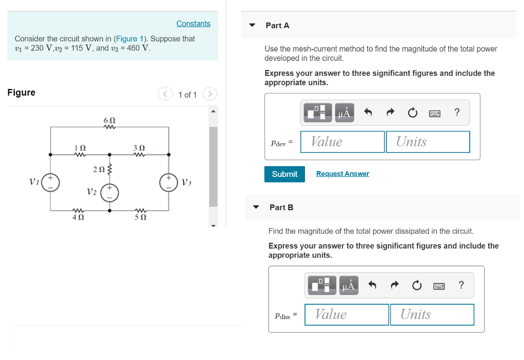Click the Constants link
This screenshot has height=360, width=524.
tap(193, 24)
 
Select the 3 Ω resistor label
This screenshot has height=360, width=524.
tap(139, 147)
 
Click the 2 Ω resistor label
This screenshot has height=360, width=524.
tap(99, 169)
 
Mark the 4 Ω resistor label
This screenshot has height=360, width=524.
tap(77, 217)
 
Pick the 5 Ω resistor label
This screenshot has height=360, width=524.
tap(140, 217)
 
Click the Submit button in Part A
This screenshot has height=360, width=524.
tap(285, 174)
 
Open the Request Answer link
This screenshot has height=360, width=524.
tap(342, 174)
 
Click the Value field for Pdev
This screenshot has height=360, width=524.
tap(342, 142)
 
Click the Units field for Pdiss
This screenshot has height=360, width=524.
tap(431, 314)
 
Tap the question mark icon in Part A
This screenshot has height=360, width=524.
tap(457, 112)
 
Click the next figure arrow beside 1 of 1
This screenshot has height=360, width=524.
tap(210, 94)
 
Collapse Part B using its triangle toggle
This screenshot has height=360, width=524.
tap(257, 207)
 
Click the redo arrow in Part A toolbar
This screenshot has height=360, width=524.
tap(390, 112)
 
